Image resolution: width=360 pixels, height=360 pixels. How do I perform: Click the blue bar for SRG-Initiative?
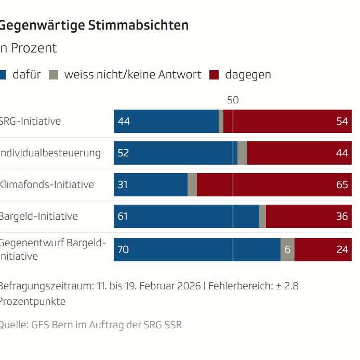coord(166,122)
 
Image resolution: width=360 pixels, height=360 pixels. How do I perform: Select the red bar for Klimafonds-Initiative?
coord(274,185)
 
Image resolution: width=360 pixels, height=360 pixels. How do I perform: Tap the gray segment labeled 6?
coord(287,249)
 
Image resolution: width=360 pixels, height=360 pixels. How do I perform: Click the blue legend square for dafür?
coord(2,75)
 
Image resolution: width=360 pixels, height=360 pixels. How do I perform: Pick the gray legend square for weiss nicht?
coord(54,75)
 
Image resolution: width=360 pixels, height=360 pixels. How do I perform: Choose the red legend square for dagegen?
coord(214,75)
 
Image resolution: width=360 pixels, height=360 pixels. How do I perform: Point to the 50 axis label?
coord(233,100)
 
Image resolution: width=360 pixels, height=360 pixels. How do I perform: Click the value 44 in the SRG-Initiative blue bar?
coord(124,122)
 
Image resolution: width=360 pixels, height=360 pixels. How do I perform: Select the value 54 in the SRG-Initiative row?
coord(342,122)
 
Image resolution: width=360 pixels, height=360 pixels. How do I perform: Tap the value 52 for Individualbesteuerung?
coord(124,153)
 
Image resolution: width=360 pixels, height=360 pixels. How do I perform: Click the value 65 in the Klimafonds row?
coord(342,185)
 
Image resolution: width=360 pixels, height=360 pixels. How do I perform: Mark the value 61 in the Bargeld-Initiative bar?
coord(123,217)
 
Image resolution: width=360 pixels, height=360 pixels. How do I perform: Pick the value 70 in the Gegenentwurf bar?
coord(124,249)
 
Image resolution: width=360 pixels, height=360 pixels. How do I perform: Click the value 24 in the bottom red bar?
coord(342,249)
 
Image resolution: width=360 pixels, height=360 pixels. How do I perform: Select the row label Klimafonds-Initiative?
coord(47,185)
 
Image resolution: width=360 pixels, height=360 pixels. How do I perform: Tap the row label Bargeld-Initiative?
coord(38,217)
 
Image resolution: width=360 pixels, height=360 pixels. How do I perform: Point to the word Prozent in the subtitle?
coord(33,48)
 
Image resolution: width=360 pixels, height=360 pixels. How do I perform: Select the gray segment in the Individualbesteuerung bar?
coord(242,153)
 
